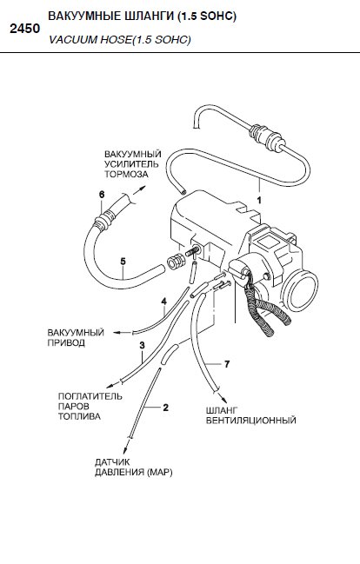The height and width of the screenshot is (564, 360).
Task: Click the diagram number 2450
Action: point(25,29)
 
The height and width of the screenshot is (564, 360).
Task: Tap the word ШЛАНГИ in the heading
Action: point(144,17)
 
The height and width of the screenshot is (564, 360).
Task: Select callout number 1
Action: point(259,201)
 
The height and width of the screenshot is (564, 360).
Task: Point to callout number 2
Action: point(165,408)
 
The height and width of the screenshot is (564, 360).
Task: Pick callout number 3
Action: point(143,345)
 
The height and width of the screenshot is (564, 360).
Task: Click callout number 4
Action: point(164,302)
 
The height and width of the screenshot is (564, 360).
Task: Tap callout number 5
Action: point(123,261)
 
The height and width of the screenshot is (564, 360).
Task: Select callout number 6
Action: point(102,195)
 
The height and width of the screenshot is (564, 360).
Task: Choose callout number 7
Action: point(227,364)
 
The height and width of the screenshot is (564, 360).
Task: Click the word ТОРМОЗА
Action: point(126,174)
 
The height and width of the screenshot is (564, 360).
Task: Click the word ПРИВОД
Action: point(66,342)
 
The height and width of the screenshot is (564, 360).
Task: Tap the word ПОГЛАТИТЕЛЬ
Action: point(90,396)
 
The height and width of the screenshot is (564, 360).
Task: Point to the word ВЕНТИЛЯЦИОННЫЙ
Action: point(250,420)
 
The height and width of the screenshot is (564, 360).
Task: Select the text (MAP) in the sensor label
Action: point(160,472)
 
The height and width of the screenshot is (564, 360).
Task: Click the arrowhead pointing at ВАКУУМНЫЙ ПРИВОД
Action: point(117,333)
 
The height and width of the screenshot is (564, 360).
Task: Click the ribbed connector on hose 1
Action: point(266,136)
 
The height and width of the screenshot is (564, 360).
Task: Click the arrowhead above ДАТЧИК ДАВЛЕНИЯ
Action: point(126,449)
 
